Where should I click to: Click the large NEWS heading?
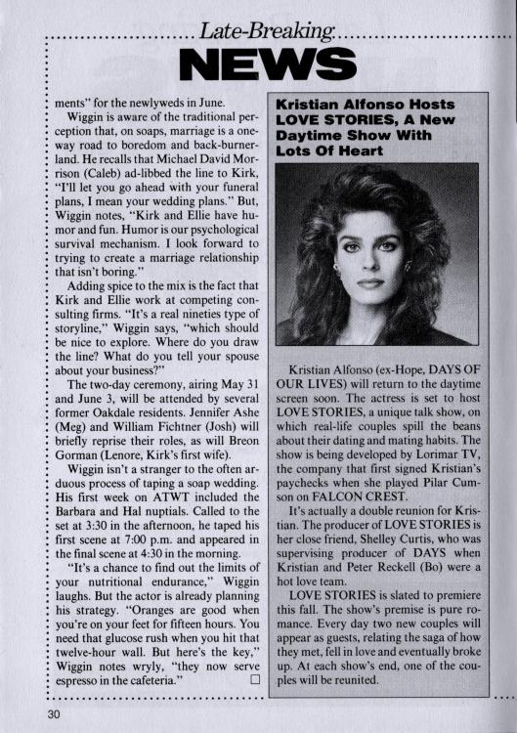point(274,65)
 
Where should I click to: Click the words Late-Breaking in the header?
point(265,32)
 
